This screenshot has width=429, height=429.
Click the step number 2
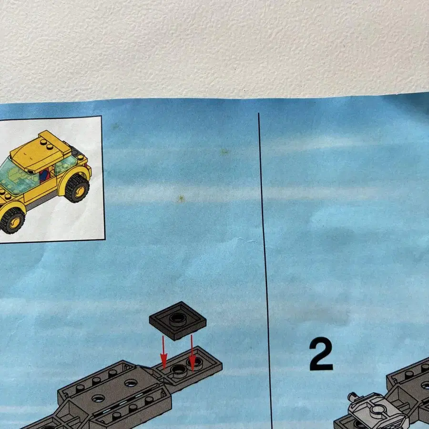click(x=321, y=354)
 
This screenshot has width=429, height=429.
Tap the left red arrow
click(x=163, y=353)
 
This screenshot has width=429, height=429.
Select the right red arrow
click(x=192, y=353)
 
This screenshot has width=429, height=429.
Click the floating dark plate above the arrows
click(x=178, y=321)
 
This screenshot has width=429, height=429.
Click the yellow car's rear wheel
click(x=77, y=188)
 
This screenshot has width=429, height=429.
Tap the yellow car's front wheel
click(x=12, y=221)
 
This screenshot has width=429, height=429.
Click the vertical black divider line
click(x=266, y=271)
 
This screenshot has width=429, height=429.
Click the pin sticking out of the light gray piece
click(x=353, y=397)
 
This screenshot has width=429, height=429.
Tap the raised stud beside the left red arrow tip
click(x=178, y=369)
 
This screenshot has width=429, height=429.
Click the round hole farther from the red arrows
click(x=98, y=398)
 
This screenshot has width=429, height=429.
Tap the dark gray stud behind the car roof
click(x=74, y=151)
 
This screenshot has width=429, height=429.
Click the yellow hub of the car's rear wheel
click(x=79, y=191)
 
